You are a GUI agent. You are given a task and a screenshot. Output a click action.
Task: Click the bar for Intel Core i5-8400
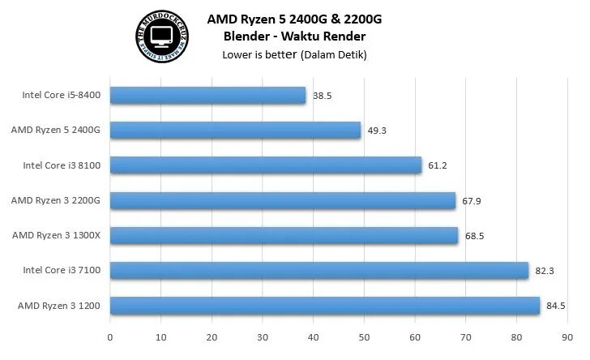pyautogui.click(x=207, y=96)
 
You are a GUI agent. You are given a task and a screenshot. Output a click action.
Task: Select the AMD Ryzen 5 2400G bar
pyautogui.click(x=235, y=131)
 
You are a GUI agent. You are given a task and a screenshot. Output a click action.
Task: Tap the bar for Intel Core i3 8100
pyautogui.click(x=266, y=165)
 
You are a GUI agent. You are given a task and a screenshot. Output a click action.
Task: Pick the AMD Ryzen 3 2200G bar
pyautogui.click(x=283, y=200)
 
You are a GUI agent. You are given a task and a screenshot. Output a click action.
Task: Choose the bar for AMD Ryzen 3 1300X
pyautogui.click(x=284, y=235)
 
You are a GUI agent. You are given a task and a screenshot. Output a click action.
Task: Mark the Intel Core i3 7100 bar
pyautogui.click(x=319, y=271)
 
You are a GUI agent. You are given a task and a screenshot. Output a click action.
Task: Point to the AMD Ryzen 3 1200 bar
pyautogui.click(x=325, y=306)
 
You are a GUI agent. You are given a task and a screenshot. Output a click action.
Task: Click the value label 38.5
pyautogui.click(x=323, y=96)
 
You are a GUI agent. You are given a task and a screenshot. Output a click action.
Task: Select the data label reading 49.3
pyautogui.click(x=377, y=131)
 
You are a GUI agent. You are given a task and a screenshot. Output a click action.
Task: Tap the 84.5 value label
pyautogui.click(x=556, y=306)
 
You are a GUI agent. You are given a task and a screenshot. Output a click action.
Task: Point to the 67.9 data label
pyautogui.click(x=472, y=200)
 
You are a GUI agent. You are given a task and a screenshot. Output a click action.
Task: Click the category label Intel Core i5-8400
pyautogui.click(x=62, y=96)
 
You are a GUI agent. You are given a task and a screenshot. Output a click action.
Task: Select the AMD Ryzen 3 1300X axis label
pyautogui.click(x=56, y=235)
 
